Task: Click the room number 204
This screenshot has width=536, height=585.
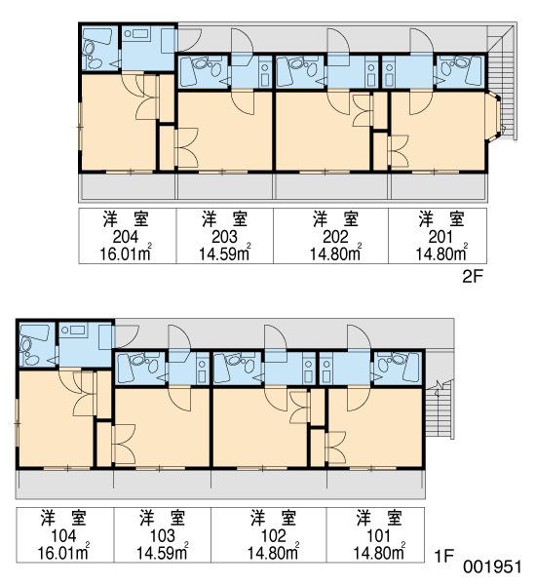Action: tap(126, 237)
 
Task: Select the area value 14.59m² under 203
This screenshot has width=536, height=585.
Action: tap(224, 253)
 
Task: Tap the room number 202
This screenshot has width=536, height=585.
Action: tap(335, 237)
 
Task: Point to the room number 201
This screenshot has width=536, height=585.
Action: tap(440, 237)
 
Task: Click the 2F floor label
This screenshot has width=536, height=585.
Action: tap(473, 277)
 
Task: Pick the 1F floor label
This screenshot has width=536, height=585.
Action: tap(443, 557)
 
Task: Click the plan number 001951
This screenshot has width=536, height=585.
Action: tap(492, 566)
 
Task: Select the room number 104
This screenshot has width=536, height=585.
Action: tap(63, 535)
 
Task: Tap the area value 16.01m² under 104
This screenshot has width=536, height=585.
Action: tap(63, 552)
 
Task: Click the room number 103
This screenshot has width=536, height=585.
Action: tap(162, 535)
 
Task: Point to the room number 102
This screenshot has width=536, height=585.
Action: tap(274, 535)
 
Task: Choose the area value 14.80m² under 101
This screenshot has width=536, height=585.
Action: tap(379, 552)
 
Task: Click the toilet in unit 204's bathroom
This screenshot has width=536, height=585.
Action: tap(91, 49)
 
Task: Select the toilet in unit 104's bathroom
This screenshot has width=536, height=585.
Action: tap(27, 346)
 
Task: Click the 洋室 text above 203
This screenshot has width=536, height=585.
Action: tap(224, 219)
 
